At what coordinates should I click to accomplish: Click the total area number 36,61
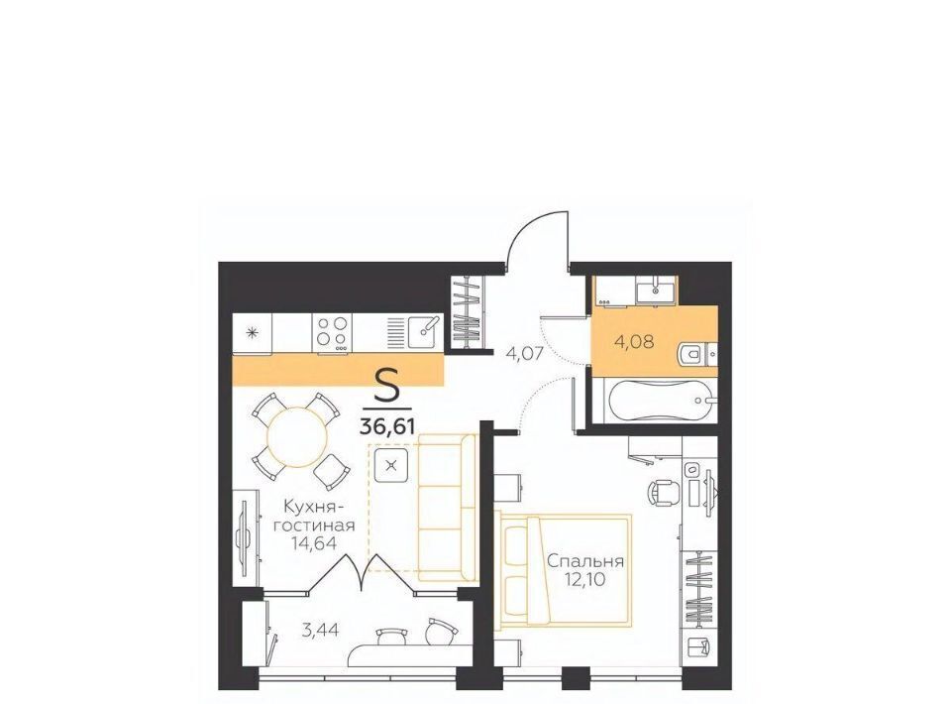pyautogui.click(x=387, y=426)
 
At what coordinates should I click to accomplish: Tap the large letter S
pyautogui.click(x=387, y=386)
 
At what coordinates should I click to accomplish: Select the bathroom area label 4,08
pyautogui.click(x=634, y=342)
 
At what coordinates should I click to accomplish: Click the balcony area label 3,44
pyautogui.click(x=320, y=630)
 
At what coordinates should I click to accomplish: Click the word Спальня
pyautogui.click(x=585, y=561)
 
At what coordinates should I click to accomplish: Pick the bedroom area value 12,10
pyautogui.click(x=585, y=581)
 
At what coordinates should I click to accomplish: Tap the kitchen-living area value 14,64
pyautogui.click(x=314, y=542)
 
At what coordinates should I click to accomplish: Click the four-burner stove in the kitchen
pyautogui.click(x=333, y=332)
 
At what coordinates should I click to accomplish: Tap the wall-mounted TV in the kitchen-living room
pyautogui.click(x=245, y=539)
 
